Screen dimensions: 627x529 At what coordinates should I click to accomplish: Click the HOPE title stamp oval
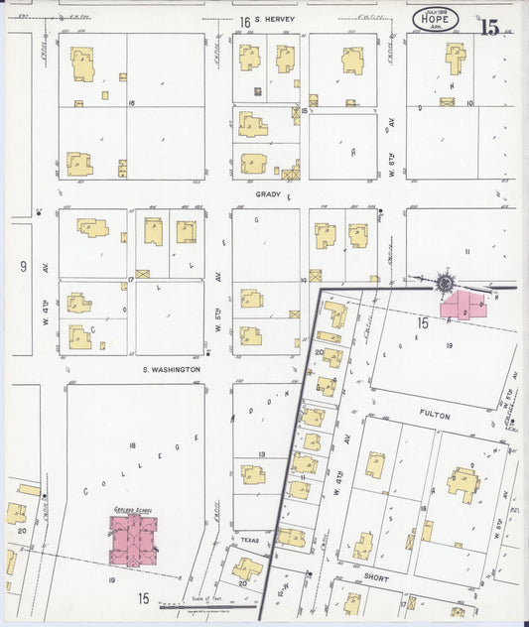(438, 21)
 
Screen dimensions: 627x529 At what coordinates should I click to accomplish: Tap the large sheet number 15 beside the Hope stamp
(489, 28)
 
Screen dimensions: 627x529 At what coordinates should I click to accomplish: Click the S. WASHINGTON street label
(170, 369)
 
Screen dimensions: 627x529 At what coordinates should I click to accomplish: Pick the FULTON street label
(434, 415)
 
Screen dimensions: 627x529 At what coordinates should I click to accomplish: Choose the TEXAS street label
(248, 540)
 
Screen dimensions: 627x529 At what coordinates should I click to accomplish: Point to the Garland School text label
(130, 509)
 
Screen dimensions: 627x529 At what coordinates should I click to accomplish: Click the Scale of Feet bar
(206, 607)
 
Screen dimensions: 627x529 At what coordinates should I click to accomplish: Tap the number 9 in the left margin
(23, 266)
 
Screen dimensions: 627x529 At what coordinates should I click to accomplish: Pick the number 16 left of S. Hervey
(243, 22)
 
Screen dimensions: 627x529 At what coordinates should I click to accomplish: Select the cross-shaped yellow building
(455, 58)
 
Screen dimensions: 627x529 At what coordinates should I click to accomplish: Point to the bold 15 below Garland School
(144, 597)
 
